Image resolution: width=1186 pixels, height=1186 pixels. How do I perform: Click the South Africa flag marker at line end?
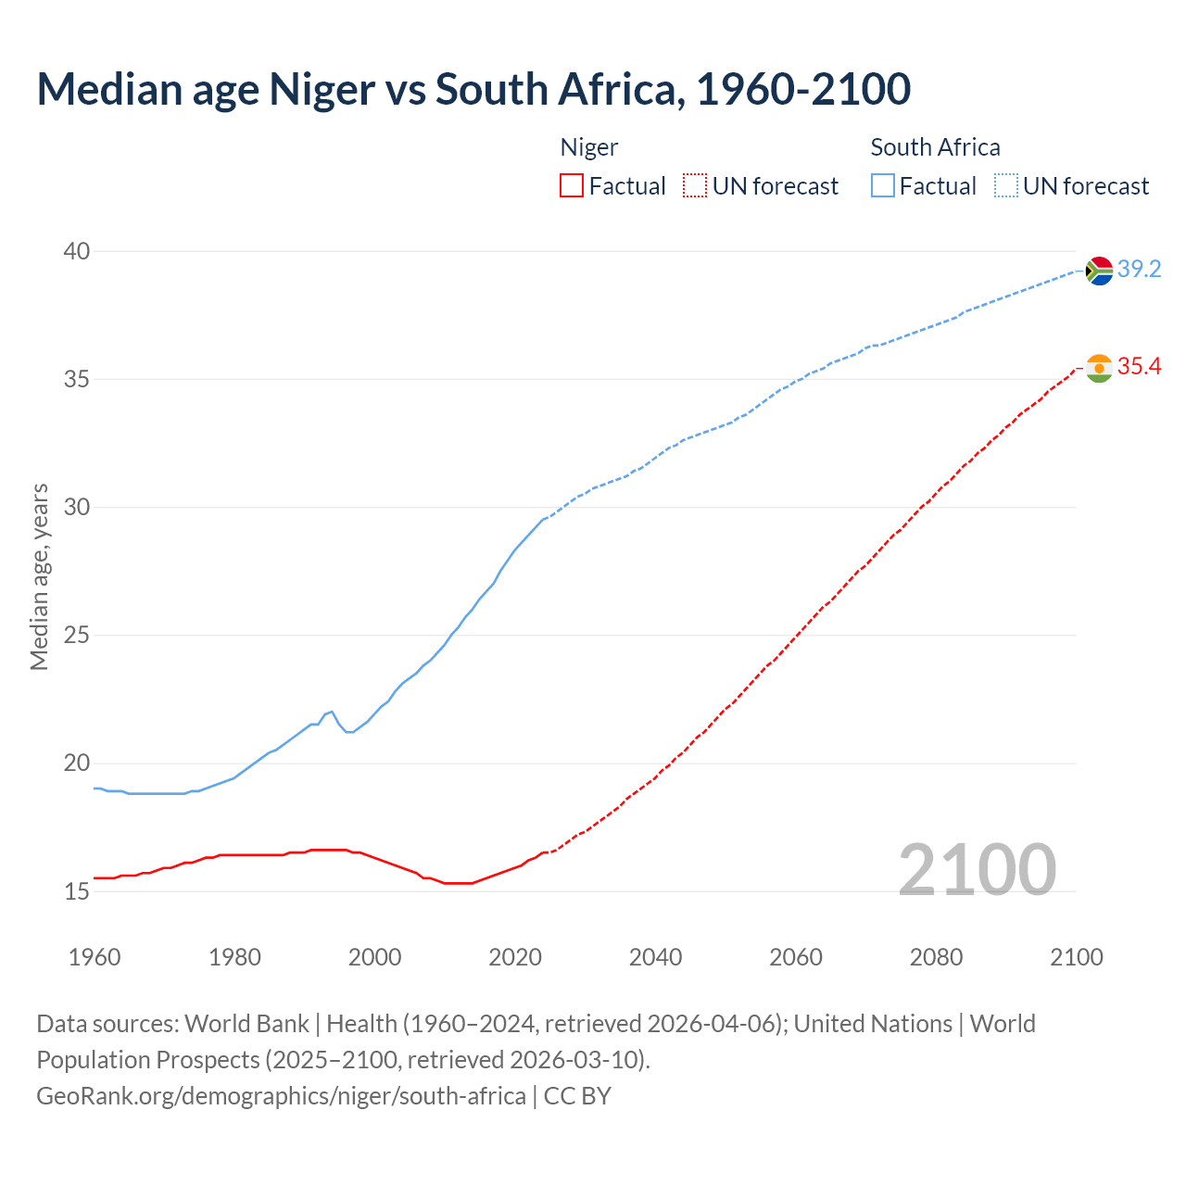click(x=1099, y=271)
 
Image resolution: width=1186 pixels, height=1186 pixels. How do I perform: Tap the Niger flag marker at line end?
click(x=1099, y=368)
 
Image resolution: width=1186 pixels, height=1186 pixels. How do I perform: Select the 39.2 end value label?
click(x=1139, y=270)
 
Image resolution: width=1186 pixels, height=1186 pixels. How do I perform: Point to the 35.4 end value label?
click(x=1139, y=367)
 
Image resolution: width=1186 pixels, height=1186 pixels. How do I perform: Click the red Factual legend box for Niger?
click(x=572, y=186)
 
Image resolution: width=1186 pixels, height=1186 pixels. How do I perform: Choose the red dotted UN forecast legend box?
click(x=695, y=186)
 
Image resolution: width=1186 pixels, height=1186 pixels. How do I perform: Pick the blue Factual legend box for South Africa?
click(x=883, y=186)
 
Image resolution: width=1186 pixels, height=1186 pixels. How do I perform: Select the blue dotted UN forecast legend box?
click(x=1006, y=186)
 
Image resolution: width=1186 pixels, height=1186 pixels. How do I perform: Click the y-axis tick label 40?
click(x=77, y=251)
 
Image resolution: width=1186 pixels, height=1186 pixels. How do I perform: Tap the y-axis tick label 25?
click(x=77, y=636)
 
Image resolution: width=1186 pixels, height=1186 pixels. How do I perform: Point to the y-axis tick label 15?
click(x=77, y=892)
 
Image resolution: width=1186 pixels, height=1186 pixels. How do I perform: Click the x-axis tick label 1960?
click(x=95, y=957)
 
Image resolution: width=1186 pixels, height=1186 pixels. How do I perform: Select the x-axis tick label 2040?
click(x=655, y=957)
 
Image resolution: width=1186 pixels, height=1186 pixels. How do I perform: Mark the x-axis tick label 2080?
click(x=936, y=957)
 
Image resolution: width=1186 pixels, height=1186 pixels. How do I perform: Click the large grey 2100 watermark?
click(x=977, y=869)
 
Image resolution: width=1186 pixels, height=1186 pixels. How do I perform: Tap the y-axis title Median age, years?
click(x=39, y=576)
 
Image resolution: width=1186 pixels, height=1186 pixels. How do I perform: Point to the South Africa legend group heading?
click(x=935, y=147)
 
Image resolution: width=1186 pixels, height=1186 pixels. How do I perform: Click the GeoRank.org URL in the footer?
click(x=281, y=1096)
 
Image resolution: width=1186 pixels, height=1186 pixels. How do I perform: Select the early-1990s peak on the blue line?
click(x=332, y=712)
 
